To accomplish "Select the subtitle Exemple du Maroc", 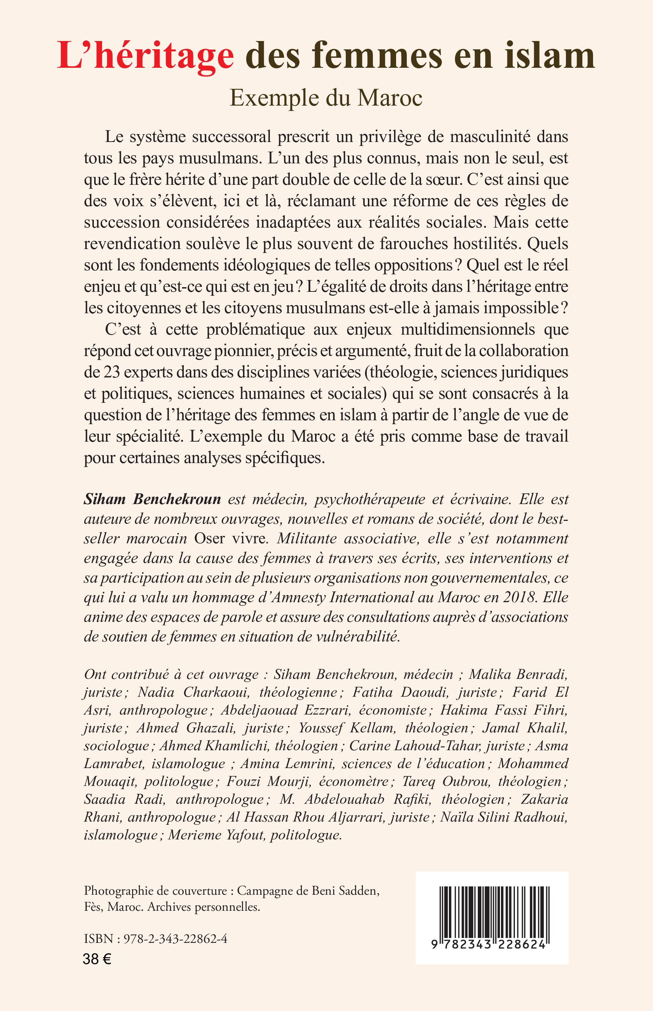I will [326, 98].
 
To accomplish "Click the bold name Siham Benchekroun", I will [152, 499].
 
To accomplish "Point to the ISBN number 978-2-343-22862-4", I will [175, 939].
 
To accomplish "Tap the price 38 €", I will [97, 959].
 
